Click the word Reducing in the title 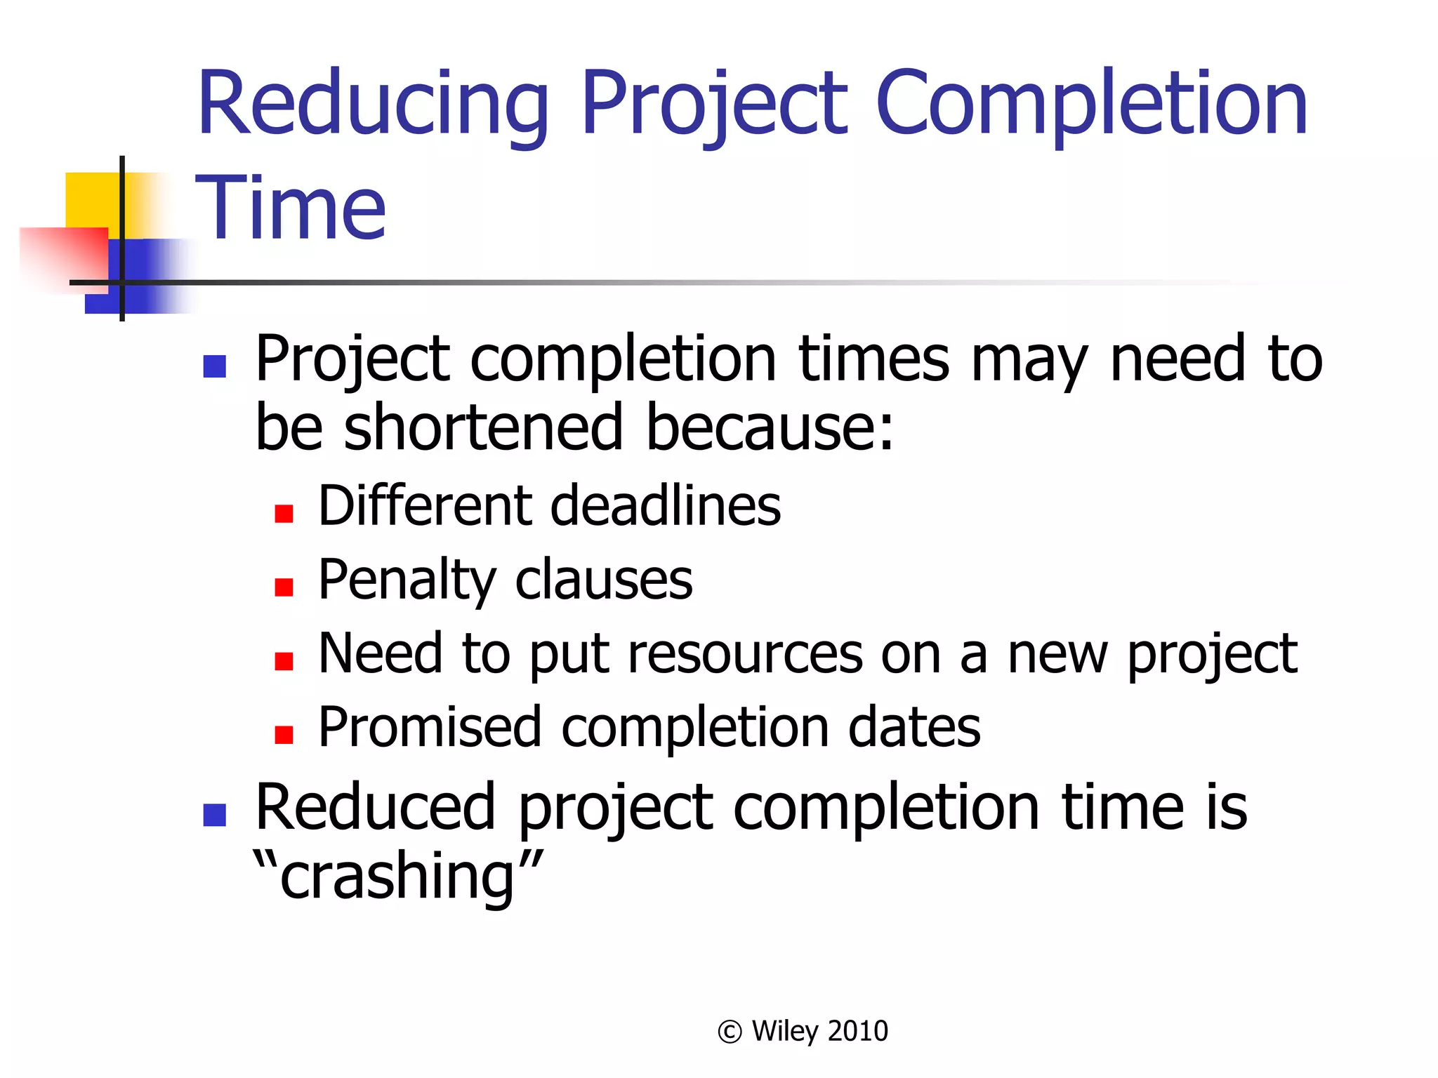(x=372, y=105)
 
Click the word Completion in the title (x=1092, y=105)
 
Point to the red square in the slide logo (x=63, y=256)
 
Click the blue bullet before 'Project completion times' (x=214, y=366)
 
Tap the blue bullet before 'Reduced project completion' (x=214, y=815)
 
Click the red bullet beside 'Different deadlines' (x=284, y=514)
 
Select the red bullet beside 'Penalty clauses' (x=284, y=587)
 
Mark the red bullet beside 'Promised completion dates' (x=284, y=734)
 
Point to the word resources (x=745, y=654)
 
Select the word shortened (x=484, y=427)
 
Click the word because (x=770, y=427)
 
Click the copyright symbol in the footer (x=730, y=1032)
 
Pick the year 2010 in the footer (x=857, y=1031)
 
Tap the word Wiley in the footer (x=785, y=1031)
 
